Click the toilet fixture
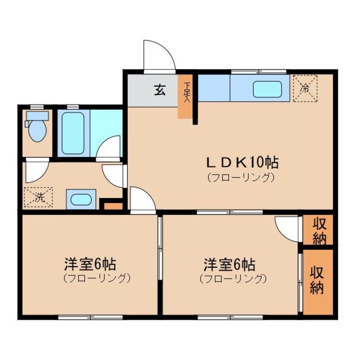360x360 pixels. tap(37, 128)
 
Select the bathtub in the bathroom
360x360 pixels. tap(73, 133)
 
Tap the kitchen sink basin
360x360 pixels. tap(267, 89)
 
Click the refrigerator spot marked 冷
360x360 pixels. tap(306, 89)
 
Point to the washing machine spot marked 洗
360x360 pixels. tap(39, 197)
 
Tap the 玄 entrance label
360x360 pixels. tap(160, 90)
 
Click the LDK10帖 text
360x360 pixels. tap(242, 162)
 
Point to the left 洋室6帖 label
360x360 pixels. tap(90, 265)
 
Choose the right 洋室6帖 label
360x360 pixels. tap(229, 265)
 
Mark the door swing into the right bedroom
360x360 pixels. tap(288, 228)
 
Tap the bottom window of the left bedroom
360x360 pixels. tap(90, 317)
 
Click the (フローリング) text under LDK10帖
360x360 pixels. tap(240, 177)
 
